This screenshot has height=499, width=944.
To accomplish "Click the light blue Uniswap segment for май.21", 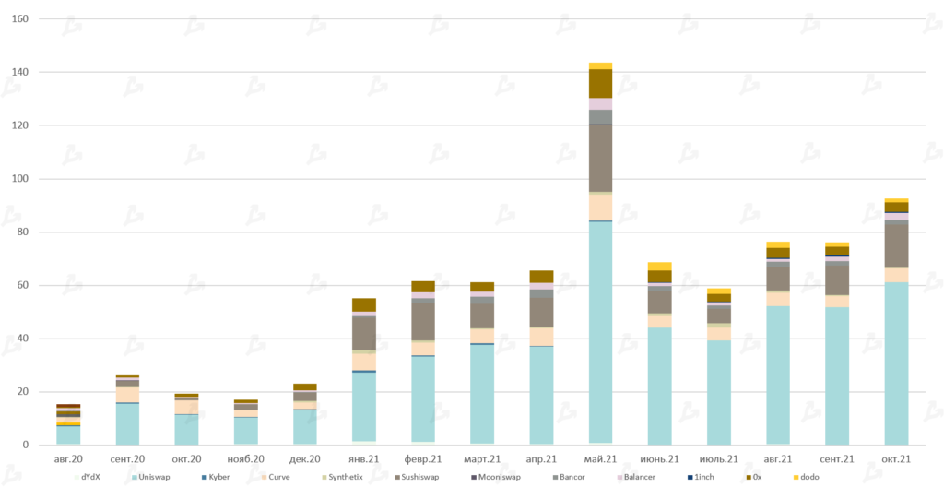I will [600, 332].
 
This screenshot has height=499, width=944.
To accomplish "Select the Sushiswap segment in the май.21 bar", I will [600, 158].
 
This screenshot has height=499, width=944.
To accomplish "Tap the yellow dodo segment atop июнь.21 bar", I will [659, 267].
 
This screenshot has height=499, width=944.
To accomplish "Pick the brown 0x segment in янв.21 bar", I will [364, 305].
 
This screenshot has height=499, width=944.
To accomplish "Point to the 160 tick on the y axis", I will [19, 19].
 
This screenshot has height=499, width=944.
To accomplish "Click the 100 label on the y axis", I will [19, 179].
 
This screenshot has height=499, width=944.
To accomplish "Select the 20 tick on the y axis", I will [23, 392].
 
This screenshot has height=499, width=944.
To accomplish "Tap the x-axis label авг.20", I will [68, 458].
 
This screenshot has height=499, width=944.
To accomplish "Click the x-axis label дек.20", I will [305, 458].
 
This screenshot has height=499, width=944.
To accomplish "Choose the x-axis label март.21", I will [482, 458].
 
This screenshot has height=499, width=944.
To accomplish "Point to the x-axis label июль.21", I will [718, 458].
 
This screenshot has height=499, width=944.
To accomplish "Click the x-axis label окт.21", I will [896, 458].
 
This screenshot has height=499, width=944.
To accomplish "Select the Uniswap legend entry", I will [154, 477].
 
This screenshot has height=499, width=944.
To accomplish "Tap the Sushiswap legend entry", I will [418, 477].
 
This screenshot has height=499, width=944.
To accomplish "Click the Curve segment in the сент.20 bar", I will [127, 395].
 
